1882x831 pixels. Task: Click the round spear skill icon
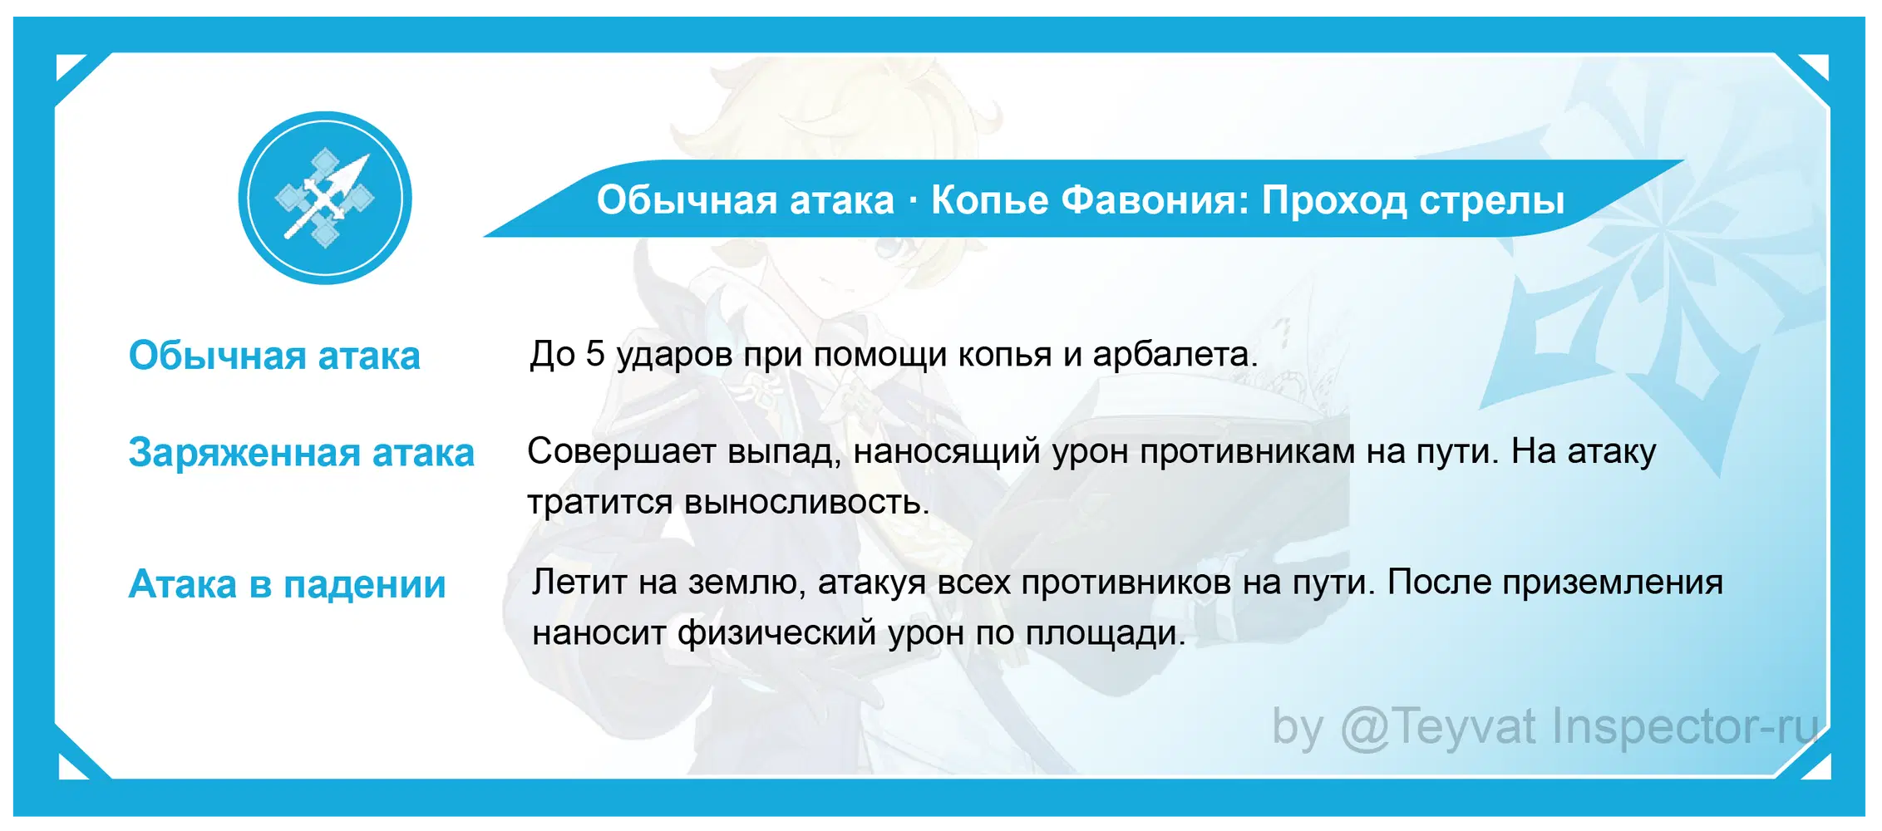coord(325,198)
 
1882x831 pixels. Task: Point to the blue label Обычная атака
coord(274,356)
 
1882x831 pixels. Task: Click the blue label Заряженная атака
coord(301,454)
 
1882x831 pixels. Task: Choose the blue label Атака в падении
coord(287,585)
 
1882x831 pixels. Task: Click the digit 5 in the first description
coord(594,354)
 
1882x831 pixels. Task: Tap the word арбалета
coord(1175,356)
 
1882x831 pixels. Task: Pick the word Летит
coord(579,583)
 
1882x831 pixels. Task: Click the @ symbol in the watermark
coord(1363,728)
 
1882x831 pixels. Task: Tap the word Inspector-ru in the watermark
coord(1685,728)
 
